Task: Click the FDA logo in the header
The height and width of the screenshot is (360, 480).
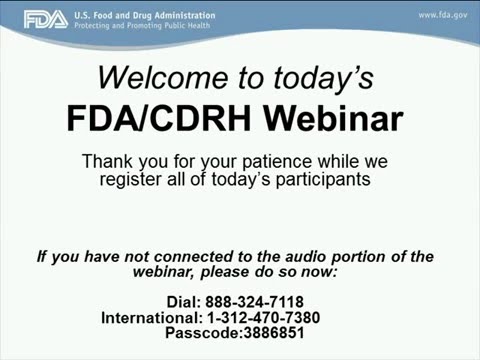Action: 46,19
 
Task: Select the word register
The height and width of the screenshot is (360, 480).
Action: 135,179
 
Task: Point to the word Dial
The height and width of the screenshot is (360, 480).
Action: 184,302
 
